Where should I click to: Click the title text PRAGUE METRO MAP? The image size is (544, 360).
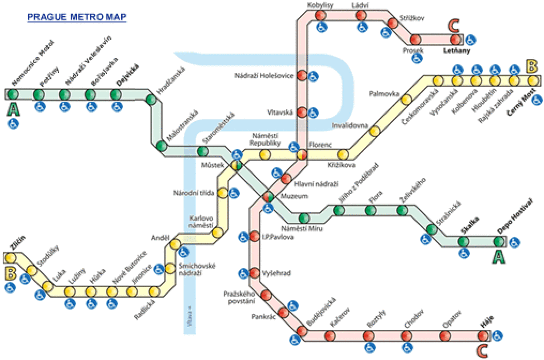(77, 17)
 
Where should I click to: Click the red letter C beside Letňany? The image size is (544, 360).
(456, 27)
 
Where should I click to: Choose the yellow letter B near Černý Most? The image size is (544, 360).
(534, 69)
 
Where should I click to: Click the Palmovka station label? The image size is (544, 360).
(384, 93)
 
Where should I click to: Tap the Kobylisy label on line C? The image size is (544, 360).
(321, 6)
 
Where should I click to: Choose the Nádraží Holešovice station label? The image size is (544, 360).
(264, 77)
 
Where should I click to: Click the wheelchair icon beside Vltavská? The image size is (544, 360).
(313, 112)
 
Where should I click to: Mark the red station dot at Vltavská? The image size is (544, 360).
(299, 112)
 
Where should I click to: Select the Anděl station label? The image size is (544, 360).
(158, 239)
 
